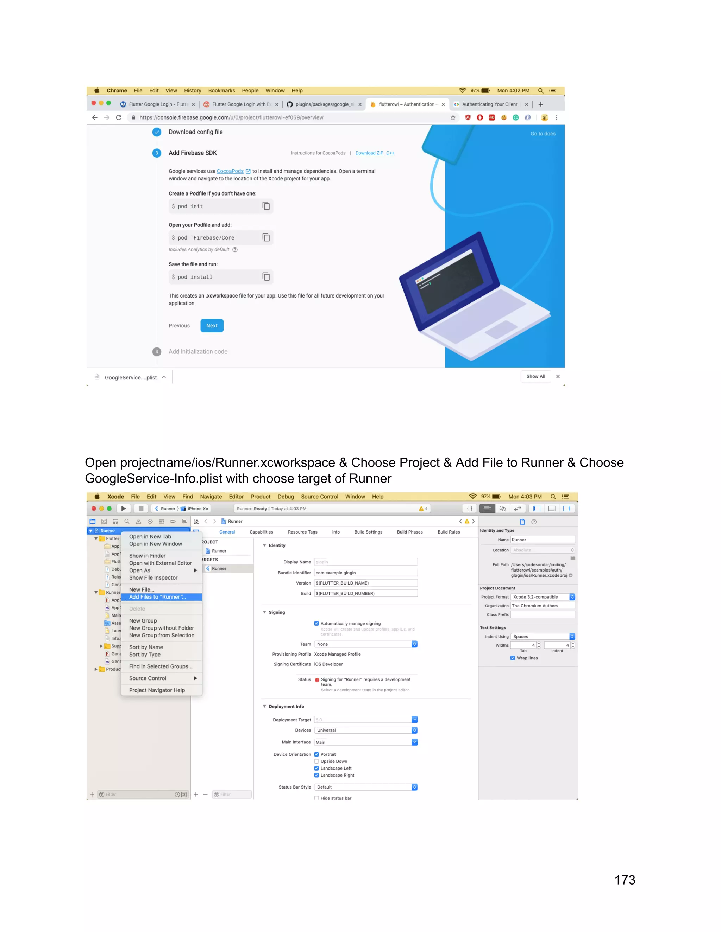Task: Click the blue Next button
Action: click(x=212, y=326)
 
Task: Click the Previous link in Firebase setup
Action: click(x=179, y=326)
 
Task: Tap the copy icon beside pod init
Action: click(x=266, y=206)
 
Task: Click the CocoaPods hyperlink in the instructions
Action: click(x=230, y=171)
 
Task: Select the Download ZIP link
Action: click(x=369, y=153)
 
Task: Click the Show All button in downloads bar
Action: click(x=535, y=376)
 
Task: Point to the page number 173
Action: click(x=625, y=880)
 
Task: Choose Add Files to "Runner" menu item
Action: click(x=158, y=597)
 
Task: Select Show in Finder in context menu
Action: click(x=148, y=556)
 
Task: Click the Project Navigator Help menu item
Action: click(x=157, y=690)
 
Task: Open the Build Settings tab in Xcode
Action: click(x=368, y=532)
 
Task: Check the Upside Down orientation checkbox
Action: click(x=316, y=761)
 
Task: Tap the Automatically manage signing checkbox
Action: click(x=316, y=624)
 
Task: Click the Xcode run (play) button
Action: click(x=124, y=509)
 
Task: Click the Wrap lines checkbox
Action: click(x=513, y=658)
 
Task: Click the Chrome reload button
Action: click(x=119, y=118)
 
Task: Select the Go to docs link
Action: click(x=543, y=134)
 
